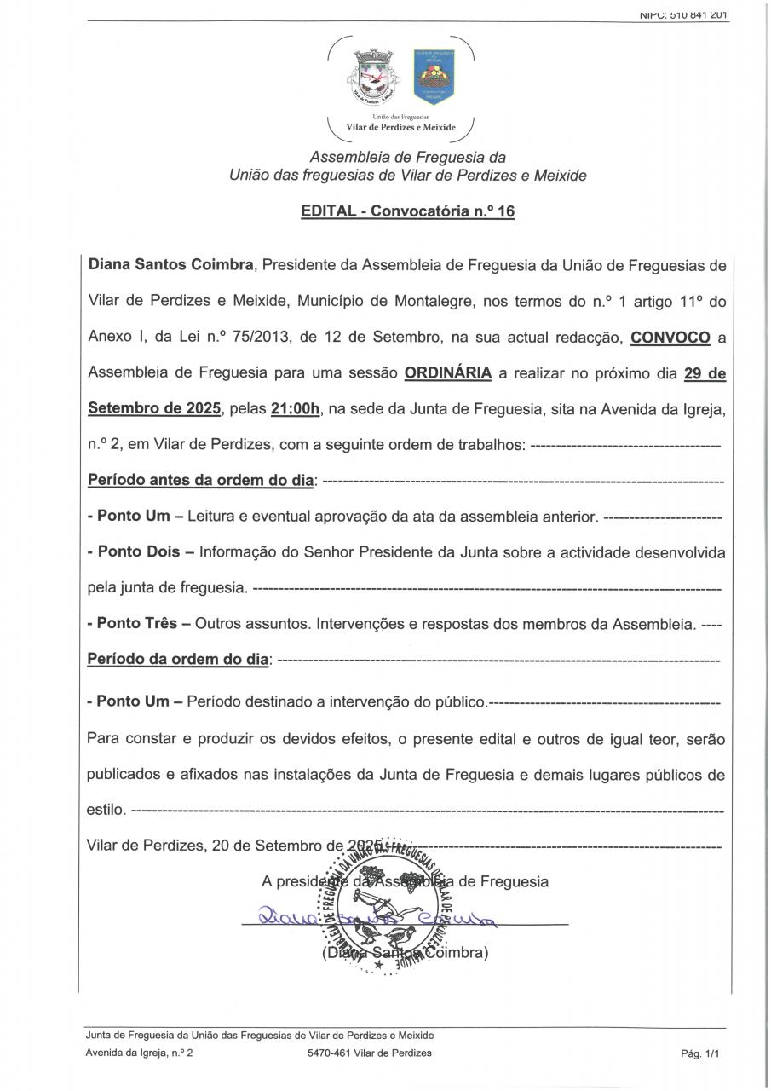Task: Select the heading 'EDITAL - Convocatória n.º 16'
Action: tap(407, 211)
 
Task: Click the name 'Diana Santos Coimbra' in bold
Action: tap(171, 265)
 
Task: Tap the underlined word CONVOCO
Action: tap(670, 338)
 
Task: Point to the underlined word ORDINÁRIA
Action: tap(447, 373)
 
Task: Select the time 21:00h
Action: tap(295, 409)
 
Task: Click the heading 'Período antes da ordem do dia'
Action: tap(200, 481)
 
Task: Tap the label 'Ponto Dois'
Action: tap(139, 551)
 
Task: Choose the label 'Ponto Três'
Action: tap(136, 623)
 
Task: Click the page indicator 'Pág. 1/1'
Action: tap(700, 1053)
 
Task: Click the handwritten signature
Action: tap(375, 917)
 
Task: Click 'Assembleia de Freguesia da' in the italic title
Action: tap(407, 158)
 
